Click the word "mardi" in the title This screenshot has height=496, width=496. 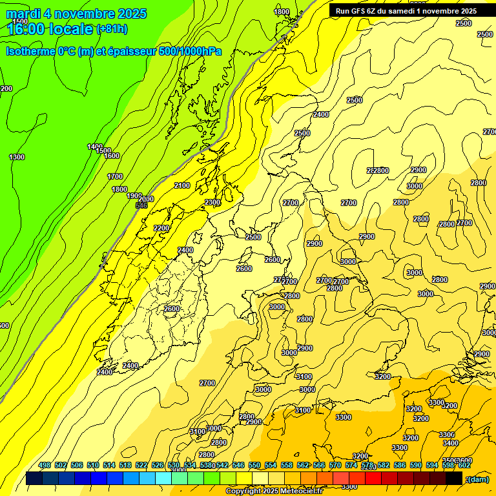pos(24,14)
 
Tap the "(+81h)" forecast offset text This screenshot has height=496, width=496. pos(112,29)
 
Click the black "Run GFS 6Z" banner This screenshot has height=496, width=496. pos(406,11)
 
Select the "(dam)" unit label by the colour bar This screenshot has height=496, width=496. pos(477,479)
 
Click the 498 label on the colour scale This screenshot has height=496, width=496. pos(45,466)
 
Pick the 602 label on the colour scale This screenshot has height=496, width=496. pos(464,466)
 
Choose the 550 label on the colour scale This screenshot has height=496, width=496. pos(254,466)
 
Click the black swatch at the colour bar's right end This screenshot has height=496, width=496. pos(454,479)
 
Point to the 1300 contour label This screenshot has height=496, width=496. pos(17,158)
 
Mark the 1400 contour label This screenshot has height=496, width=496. pos(95,147)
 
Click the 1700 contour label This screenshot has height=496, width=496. pos(115,176)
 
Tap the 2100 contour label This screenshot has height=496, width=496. pos(182,186)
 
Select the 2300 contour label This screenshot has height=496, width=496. pos(212,203)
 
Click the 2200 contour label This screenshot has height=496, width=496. pos(161,228)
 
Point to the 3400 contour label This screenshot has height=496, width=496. pos(451,443)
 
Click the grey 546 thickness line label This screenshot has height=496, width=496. pos(141,205)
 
